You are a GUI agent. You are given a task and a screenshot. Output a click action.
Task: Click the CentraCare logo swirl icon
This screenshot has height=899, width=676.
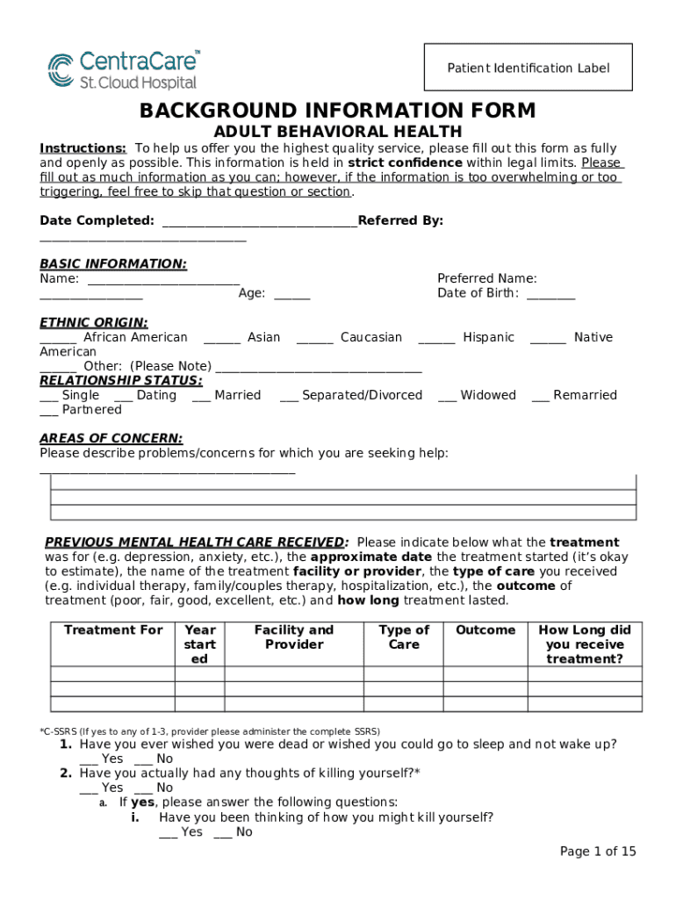(x=61, y=69)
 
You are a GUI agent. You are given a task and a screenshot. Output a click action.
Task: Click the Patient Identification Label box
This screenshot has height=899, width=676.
(x=528, y=68)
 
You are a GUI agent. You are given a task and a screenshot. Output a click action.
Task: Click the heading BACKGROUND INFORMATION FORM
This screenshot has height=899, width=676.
(x=337, y=111)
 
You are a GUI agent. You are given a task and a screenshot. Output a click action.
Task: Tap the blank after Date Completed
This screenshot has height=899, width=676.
(x=260, y=221)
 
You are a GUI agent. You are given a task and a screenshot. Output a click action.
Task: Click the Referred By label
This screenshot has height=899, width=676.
(x=400, y=220)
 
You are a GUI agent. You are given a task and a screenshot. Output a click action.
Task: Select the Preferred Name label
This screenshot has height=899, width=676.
(x=487, y=278)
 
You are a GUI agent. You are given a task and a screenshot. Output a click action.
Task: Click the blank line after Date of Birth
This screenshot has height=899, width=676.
(x=550, y=294)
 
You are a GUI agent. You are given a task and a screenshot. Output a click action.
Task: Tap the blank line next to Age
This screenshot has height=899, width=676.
(x=291, y=294)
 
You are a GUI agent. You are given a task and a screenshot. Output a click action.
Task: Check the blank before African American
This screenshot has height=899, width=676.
(x=58, y=338)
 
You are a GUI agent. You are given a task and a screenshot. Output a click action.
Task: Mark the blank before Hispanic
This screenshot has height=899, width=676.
(x=436, y=338)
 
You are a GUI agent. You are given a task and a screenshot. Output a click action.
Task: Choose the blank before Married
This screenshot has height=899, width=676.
(x=200, y=396)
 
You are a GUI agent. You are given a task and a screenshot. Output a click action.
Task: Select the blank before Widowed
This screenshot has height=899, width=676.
(x=447, y=396)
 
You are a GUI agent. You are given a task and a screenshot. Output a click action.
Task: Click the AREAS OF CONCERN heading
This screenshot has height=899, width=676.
(x=111, y=438)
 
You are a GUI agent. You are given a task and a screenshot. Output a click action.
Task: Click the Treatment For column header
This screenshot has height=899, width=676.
(x=113, y=630)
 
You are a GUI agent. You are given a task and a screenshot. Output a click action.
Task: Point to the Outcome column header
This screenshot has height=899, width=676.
(x=485, y=630)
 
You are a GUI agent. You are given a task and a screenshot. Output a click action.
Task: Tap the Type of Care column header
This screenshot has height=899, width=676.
(x=404, y=637)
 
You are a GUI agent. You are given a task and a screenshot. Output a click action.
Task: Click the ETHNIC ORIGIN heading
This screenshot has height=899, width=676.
(x=94, y=322)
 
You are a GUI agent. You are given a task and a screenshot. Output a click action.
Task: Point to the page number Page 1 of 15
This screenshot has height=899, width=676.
(x=598, y=852)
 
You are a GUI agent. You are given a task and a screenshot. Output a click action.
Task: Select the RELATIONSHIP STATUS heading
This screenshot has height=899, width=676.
(x=121, y=380)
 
